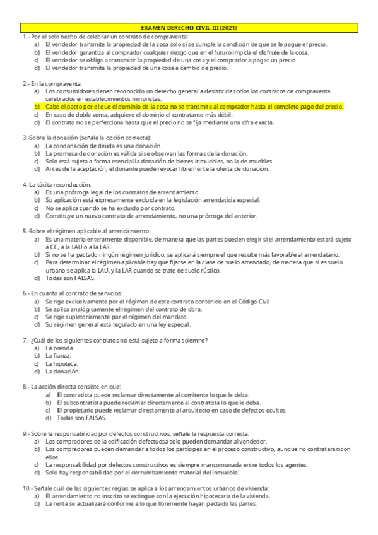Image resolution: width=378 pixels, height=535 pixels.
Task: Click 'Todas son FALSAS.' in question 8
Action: tap(82, 418)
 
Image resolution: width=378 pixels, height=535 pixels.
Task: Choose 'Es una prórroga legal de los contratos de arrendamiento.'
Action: tap(122, 192)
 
